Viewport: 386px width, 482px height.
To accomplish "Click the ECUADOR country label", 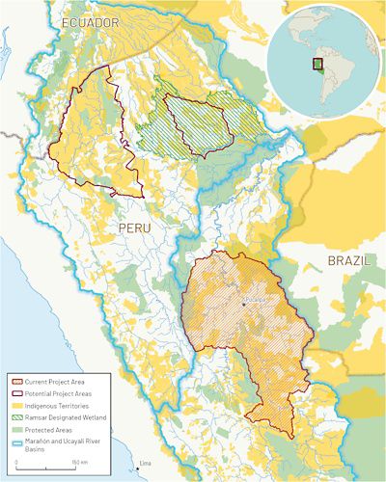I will pyautogui.click(x=89, y=21).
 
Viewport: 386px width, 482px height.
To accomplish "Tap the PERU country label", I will pyautogui.click(x=135, y=227).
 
